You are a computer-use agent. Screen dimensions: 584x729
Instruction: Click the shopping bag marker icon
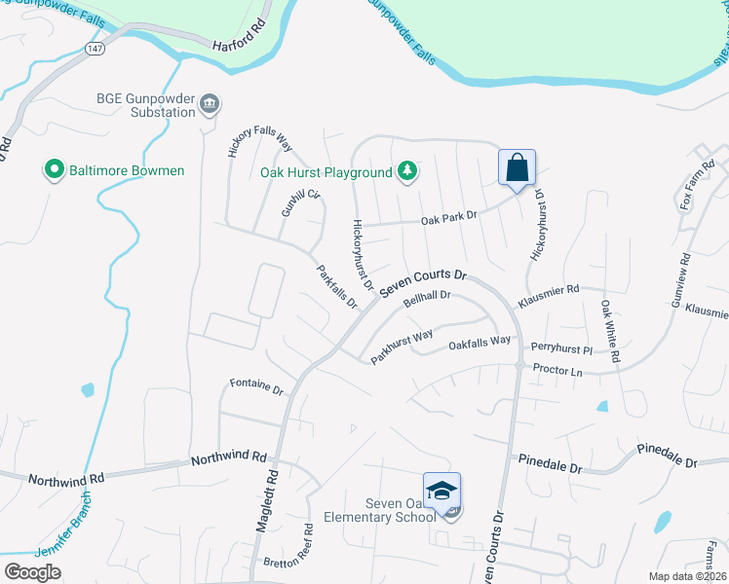click(517, 166)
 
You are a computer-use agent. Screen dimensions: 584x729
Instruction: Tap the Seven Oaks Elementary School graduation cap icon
click(441, 491)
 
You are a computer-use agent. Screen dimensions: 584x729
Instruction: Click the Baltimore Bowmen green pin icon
click(55, 170)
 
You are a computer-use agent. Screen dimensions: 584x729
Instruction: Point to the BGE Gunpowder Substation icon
click(210, 104)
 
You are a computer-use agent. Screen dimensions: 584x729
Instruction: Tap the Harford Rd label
click(240, 35)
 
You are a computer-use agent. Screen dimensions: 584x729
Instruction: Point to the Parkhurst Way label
click(401, 343)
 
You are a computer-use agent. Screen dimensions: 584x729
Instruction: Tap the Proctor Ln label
click(557, 372)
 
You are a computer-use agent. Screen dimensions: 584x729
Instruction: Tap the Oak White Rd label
click(609, 331)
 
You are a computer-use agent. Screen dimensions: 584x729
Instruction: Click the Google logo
click(33, 571)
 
